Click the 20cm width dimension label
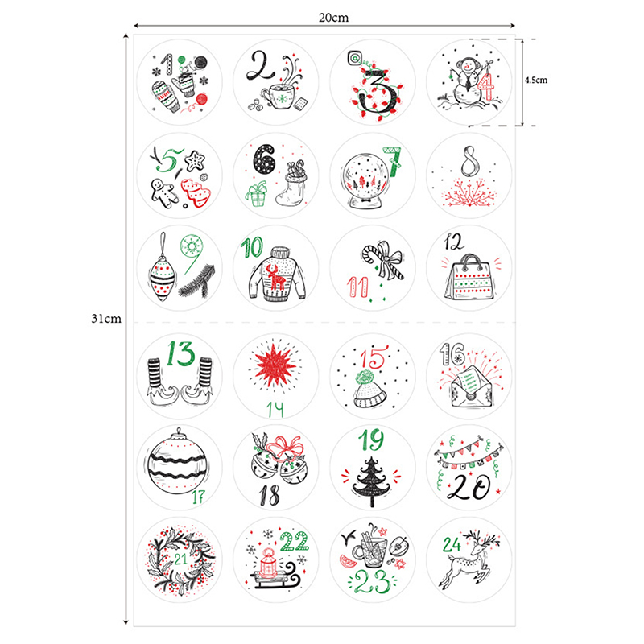pyautogui.click(x=333, y=18)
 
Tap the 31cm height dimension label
pyautogui.click(x=106, y=319)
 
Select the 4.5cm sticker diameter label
pyautogui.click(x=536, y=80)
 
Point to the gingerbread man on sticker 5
pyautogui.click(x=163, y=192)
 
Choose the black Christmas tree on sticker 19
pyautogui.click(x=371, y=481)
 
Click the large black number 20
pyautogui.click(x=469, y=487)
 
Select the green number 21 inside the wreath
pyautogui.click(x=180, y=559)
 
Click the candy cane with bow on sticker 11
pyautogui.click(x=383, y=260)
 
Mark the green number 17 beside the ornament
pyautogui.click(x=198, y=497)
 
